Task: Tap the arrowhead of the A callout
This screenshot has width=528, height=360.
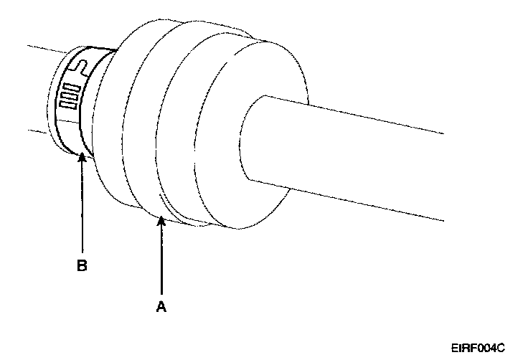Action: click(162, 220)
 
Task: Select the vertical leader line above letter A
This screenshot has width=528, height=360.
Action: click(162, 258)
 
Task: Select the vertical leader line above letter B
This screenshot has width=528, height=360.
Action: click(82, 208)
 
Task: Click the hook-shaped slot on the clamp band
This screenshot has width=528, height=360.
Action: click(82, 68)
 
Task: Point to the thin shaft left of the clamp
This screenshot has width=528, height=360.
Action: click(39, 90)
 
